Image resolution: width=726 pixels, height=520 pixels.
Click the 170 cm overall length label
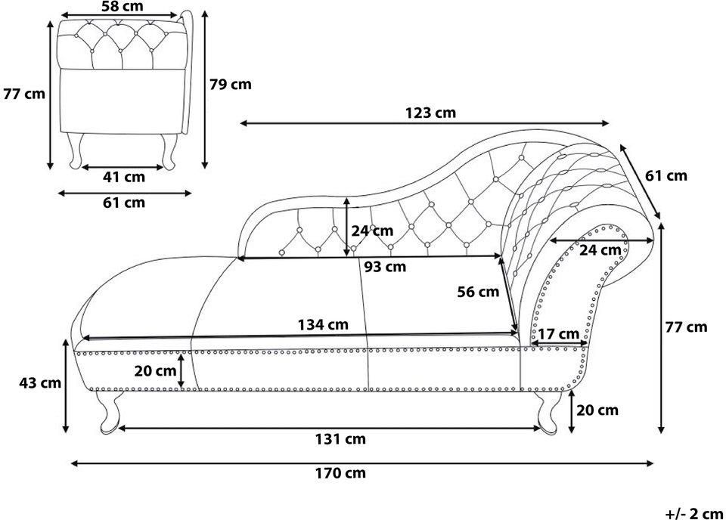[x=340, y=473]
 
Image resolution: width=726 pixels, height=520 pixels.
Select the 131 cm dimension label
[x=340, y=438]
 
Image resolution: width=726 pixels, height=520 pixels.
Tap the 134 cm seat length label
[x=323, y=324]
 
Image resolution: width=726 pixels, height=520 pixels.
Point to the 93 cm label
[x=385, y=267]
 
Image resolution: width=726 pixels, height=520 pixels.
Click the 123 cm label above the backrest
[x=430, y=113]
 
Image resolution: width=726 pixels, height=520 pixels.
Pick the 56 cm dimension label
[x=478, y=292]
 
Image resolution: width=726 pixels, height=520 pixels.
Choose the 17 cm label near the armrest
[x=559, y=333]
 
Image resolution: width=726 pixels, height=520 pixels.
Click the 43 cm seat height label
[x=40, y=382]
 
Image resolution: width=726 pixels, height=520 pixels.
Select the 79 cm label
[x=231, y=84]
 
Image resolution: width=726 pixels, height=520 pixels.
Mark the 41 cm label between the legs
[x=123, y=177]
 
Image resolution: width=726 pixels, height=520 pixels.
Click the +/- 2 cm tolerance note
[x=694, y=513]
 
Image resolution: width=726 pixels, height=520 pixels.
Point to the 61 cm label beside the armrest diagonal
[x=666, y=176]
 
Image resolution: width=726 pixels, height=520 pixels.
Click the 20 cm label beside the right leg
[x=597, y=410]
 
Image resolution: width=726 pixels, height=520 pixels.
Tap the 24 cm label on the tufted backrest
[x=372, y=231]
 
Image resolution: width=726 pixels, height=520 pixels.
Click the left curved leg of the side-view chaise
[x=109, y=412]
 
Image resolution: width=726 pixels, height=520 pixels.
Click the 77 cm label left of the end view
[x=24, y=94]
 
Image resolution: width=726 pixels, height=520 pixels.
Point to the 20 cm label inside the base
[x=155, y=370]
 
